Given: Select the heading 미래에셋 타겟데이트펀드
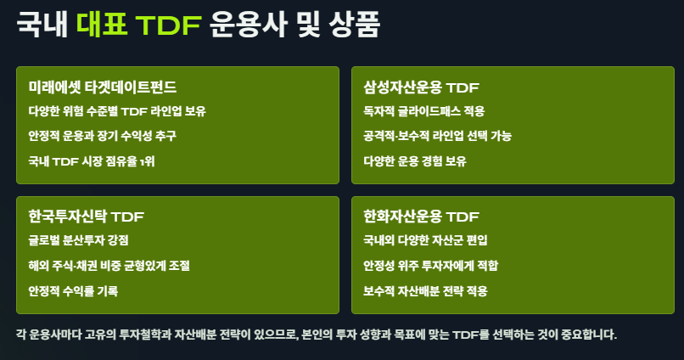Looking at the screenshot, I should click(103, 87).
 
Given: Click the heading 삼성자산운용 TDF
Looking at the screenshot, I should click(422, 87).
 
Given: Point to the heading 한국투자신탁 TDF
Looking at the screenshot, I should click(87, 217).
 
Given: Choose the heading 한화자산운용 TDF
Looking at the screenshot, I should click(422, 217).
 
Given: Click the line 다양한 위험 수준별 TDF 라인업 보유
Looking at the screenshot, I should click(116, 111).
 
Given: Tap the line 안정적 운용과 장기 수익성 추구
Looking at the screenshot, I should click(102, 136).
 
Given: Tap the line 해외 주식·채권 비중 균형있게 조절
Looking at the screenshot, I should click(109, 266).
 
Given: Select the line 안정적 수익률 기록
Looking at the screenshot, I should click(73, 291).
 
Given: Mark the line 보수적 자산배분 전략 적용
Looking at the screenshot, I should click(425, 291).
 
